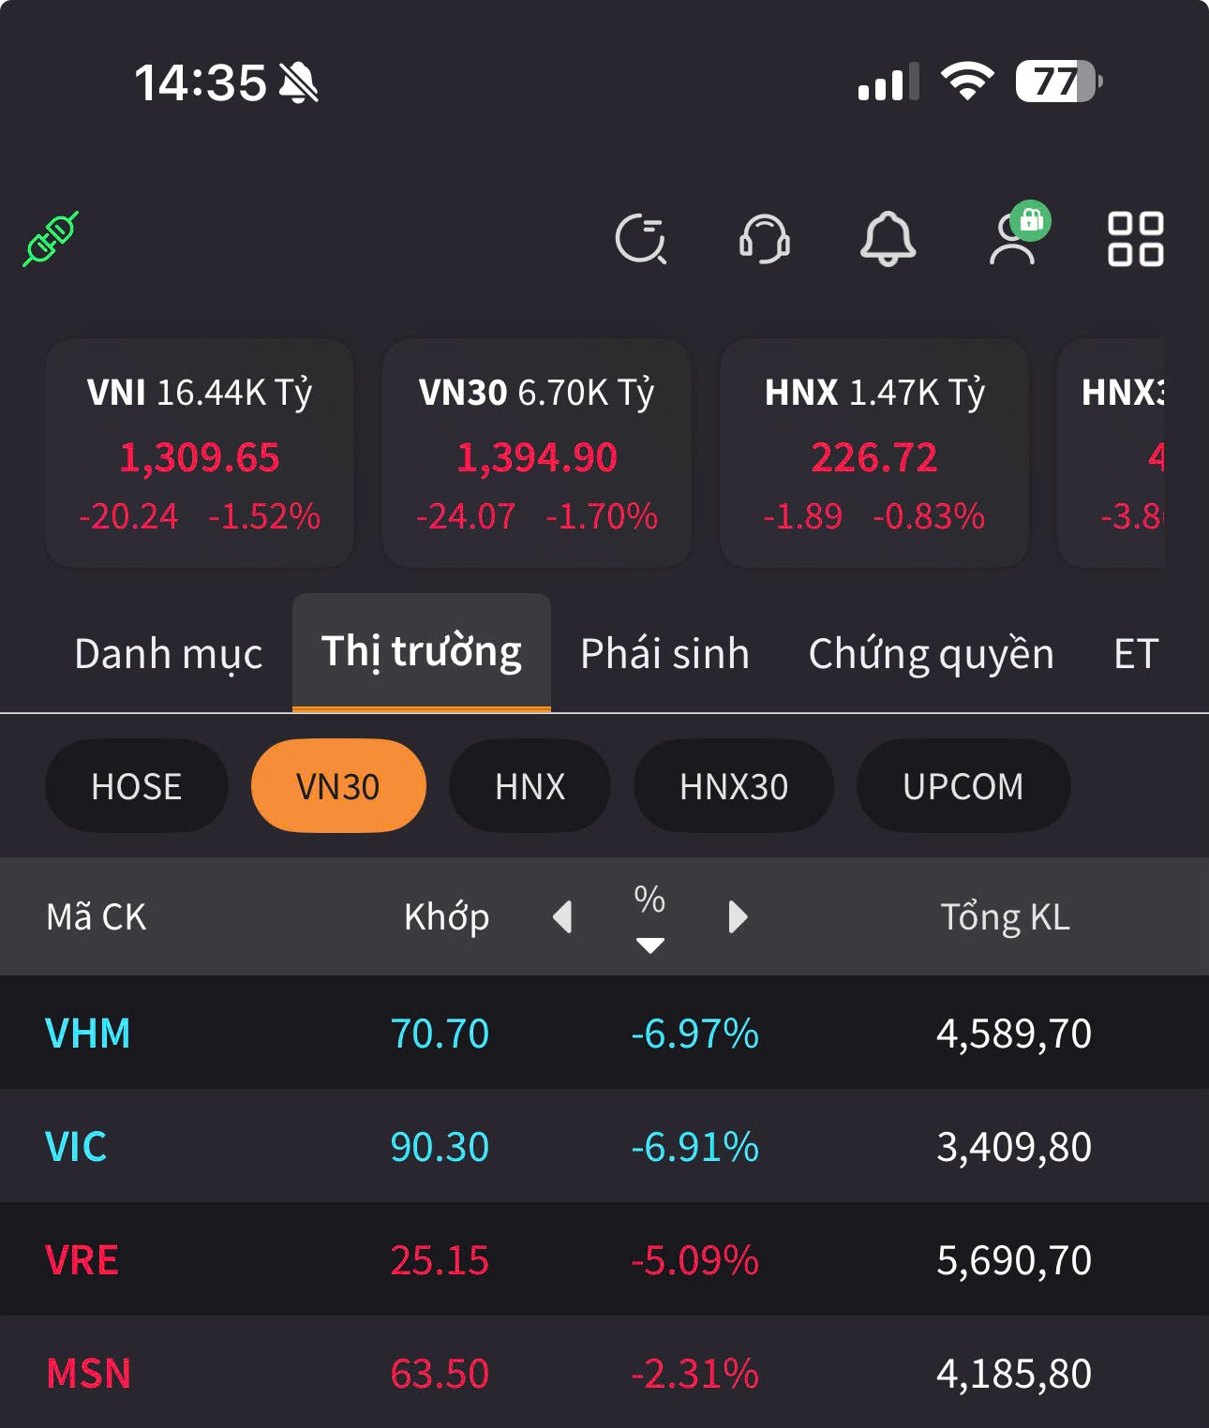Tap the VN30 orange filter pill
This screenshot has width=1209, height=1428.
338,786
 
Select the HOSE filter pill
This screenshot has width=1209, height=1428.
136,786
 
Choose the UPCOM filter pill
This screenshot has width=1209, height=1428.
963,786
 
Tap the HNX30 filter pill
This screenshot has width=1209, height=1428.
733,786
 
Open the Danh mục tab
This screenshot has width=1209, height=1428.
168,654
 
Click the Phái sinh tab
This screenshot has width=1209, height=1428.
664,654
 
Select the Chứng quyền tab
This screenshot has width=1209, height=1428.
931,654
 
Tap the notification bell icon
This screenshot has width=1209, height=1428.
888,239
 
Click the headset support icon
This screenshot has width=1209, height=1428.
764,239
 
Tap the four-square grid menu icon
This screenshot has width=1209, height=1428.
1135,239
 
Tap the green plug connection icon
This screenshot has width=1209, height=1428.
52,239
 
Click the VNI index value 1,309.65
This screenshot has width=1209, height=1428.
200,458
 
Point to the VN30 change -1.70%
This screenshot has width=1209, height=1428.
602,516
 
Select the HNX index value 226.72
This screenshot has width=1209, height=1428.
873,458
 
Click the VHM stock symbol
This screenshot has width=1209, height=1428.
88,1034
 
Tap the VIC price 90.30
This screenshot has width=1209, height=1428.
440,1147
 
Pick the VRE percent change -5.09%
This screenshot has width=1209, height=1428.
694,1260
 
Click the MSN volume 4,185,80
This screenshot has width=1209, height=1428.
1014,1374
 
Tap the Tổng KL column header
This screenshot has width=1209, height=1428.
1005,916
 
